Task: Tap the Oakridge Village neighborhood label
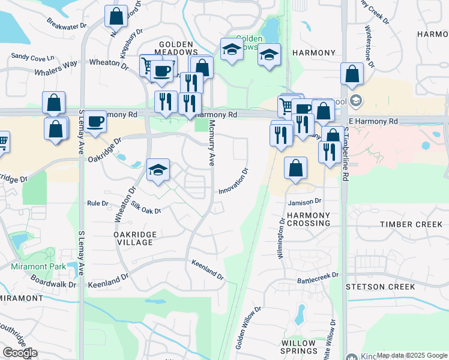point(136,238)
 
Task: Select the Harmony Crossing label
point(308,219)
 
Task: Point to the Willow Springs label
point(298,347)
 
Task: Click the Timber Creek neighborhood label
point(411,224)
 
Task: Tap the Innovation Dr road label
point(234,181)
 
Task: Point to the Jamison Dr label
point(305,202)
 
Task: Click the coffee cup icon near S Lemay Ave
point(95,122)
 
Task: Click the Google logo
point(20,353)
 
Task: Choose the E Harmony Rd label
point(373,121)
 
